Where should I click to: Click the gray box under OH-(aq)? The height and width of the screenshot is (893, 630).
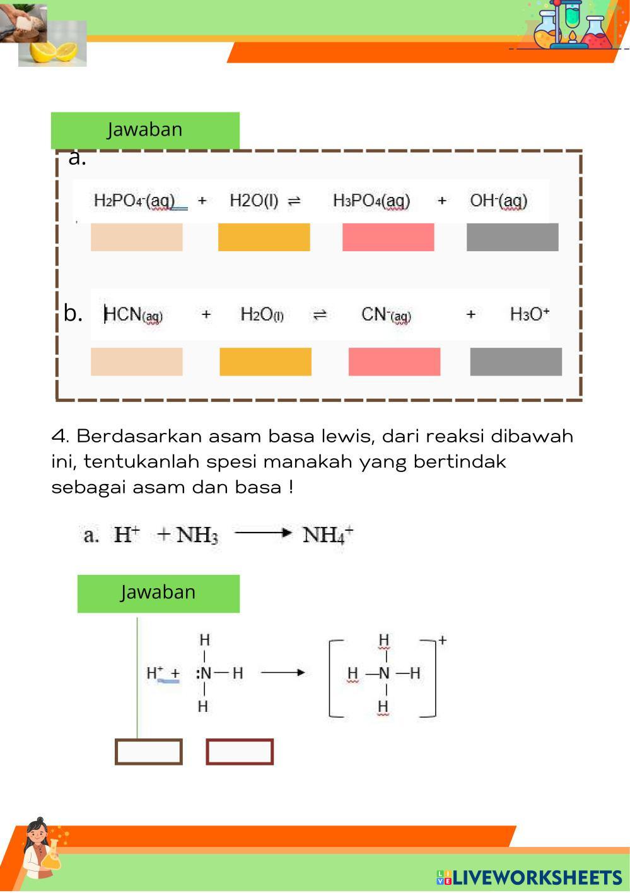click(513, 237)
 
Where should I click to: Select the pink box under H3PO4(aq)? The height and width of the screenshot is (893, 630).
click(388, 237)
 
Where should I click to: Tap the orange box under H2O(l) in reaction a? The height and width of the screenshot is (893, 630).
click(264, 237)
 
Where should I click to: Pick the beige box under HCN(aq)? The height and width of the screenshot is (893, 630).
click(137, 362)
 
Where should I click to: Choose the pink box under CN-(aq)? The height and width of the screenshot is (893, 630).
click(395, 362)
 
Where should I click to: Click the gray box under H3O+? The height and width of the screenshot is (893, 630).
click(516, 362)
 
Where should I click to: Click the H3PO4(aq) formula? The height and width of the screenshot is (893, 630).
click(371, 201)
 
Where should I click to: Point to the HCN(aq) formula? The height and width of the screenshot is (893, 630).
click(133, 314)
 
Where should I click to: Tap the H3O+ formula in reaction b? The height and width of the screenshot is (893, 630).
click(530, 314)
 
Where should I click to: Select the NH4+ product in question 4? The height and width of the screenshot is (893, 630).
click(327, 535)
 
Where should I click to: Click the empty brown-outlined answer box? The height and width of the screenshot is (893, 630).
click(149, 752)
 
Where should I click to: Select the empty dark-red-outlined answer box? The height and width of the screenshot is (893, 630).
click(240, 752)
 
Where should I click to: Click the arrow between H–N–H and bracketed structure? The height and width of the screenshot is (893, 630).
click(283, 673)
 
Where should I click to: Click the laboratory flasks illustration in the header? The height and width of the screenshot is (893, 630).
click(574, 25)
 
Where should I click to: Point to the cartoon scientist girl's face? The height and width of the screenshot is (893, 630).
click(37, 835)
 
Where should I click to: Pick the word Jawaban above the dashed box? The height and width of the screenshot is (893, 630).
click(144, 129)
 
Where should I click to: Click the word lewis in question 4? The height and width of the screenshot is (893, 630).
click(348, 436)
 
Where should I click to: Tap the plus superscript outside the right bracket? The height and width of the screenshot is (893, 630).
click(442, 641)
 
